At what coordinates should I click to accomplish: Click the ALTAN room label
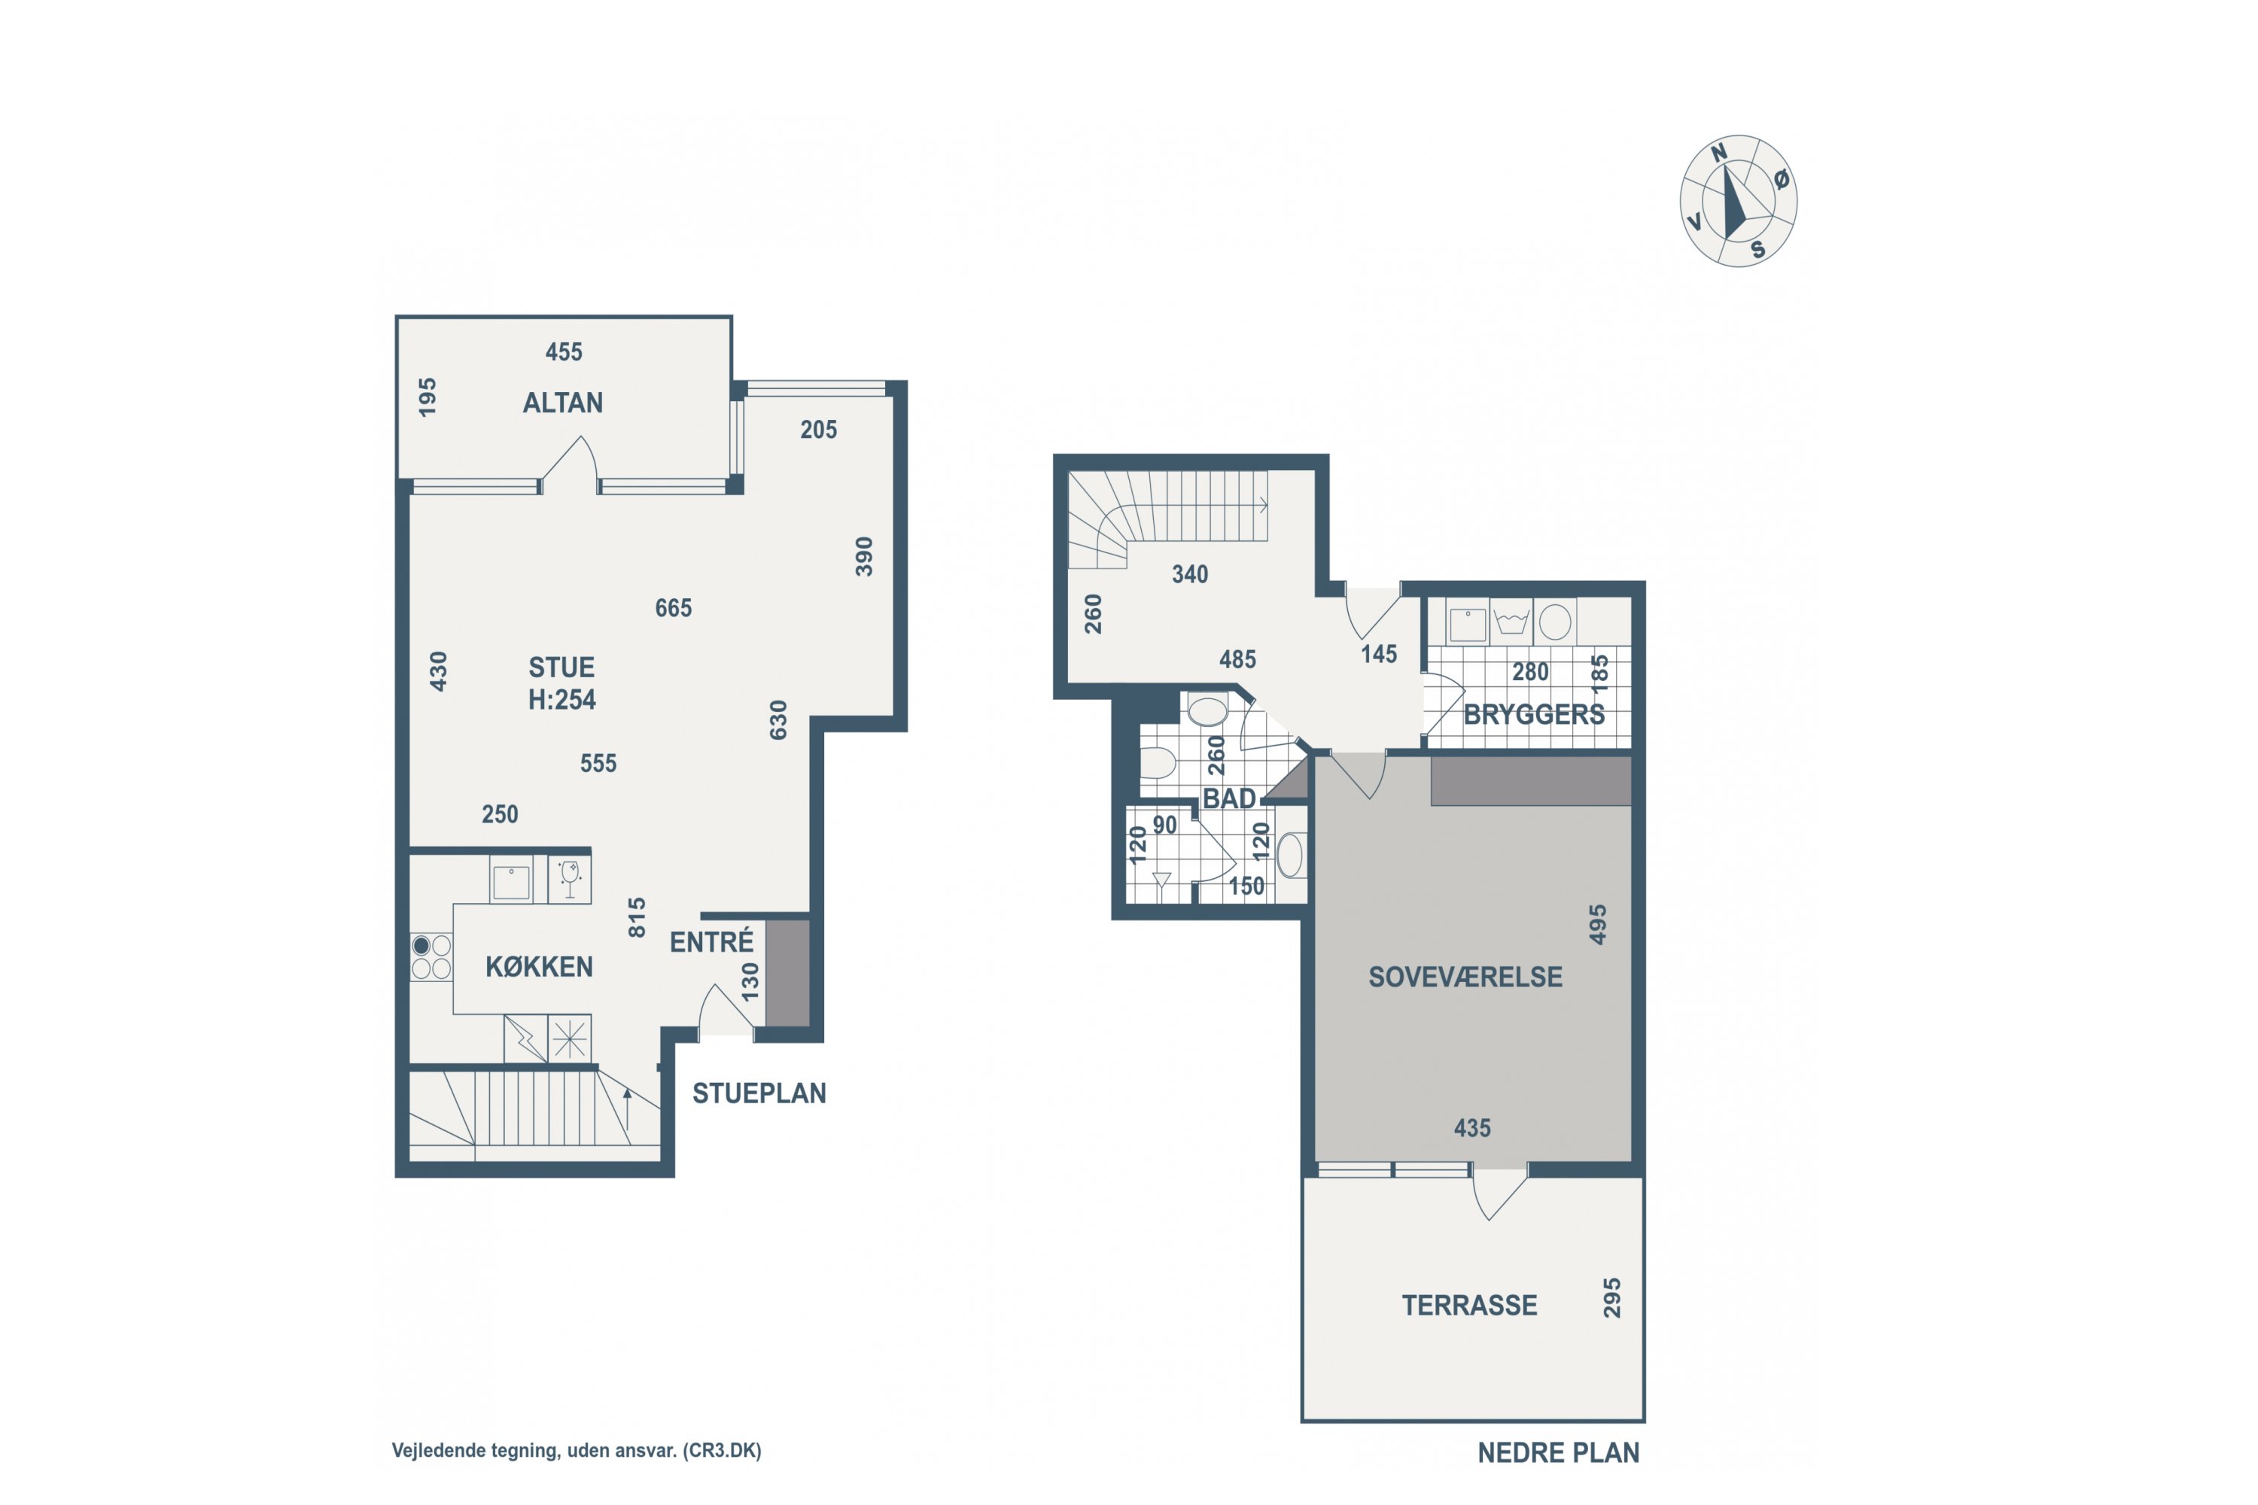pyautogui.click(x=562, y=402)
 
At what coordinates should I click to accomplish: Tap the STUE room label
pyautogui.click(x=561, y=667)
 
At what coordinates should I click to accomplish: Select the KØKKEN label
pyautogui.click(x=539, y=966)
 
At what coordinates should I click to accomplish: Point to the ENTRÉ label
pyautogui.click(x=711, y=941)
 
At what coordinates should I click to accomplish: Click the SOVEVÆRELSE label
pyautogui.click(x=1465, y=977)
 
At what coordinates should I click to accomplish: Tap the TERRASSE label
pyautogui.click(x=1469, y=1306)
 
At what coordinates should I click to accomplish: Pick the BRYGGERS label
pyautogui.click(x=1533, y=714)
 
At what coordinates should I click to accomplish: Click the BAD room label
pyautogui.click(x=1229, y=798)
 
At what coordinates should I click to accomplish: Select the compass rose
pyautogui.click(x=1738, y=201)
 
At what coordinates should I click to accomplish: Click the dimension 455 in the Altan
pyautogui.click(x=564, y=352)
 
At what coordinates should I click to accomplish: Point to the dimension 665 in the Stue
pyautogui.click(x=673, y=607)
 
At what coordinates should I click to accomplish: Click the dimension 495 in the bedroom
pyautogui.click(x=1597, y=924)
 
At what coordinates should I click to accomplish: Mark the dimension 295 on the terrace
pyautogui.click(x=1612, y=1297)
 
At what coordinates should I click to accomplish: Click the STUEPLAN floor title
pyautogui.click(x=759, y=1093)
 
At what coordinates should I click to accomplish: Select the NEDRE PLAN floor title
pyautogui.click(x=1558, y=1453)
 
